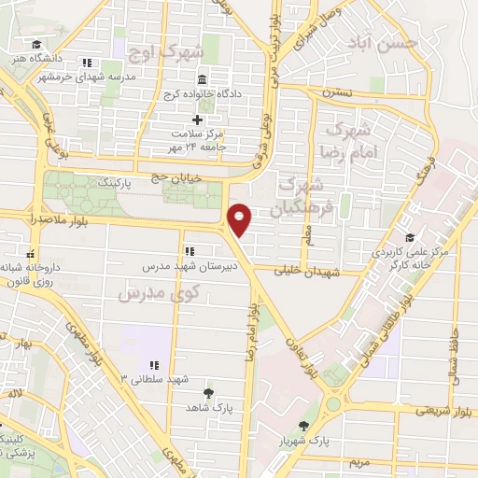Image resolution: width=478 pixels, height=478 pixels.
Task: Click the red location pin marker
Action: [x=241, y=218]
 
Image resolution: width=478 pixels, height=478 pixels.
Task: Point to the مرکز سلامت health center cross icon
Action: [x=197, y=120]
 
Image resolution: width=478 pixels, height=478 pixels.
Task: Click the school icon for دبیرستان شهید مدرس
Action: [x=190, y=251]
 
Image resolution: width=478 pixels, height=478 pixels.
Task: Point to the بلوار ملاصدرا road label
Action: [x=33, y=218]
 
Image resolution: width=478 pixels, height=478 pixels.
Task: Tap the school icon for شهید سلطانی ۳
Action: [x=154, y=365]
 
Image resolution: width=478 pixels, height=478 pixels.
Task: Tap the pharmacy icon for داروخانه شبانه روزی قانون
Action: [x=31, y=253]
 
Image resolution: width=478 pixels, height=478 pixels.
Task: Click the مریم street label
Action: [x=360, y=462]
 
